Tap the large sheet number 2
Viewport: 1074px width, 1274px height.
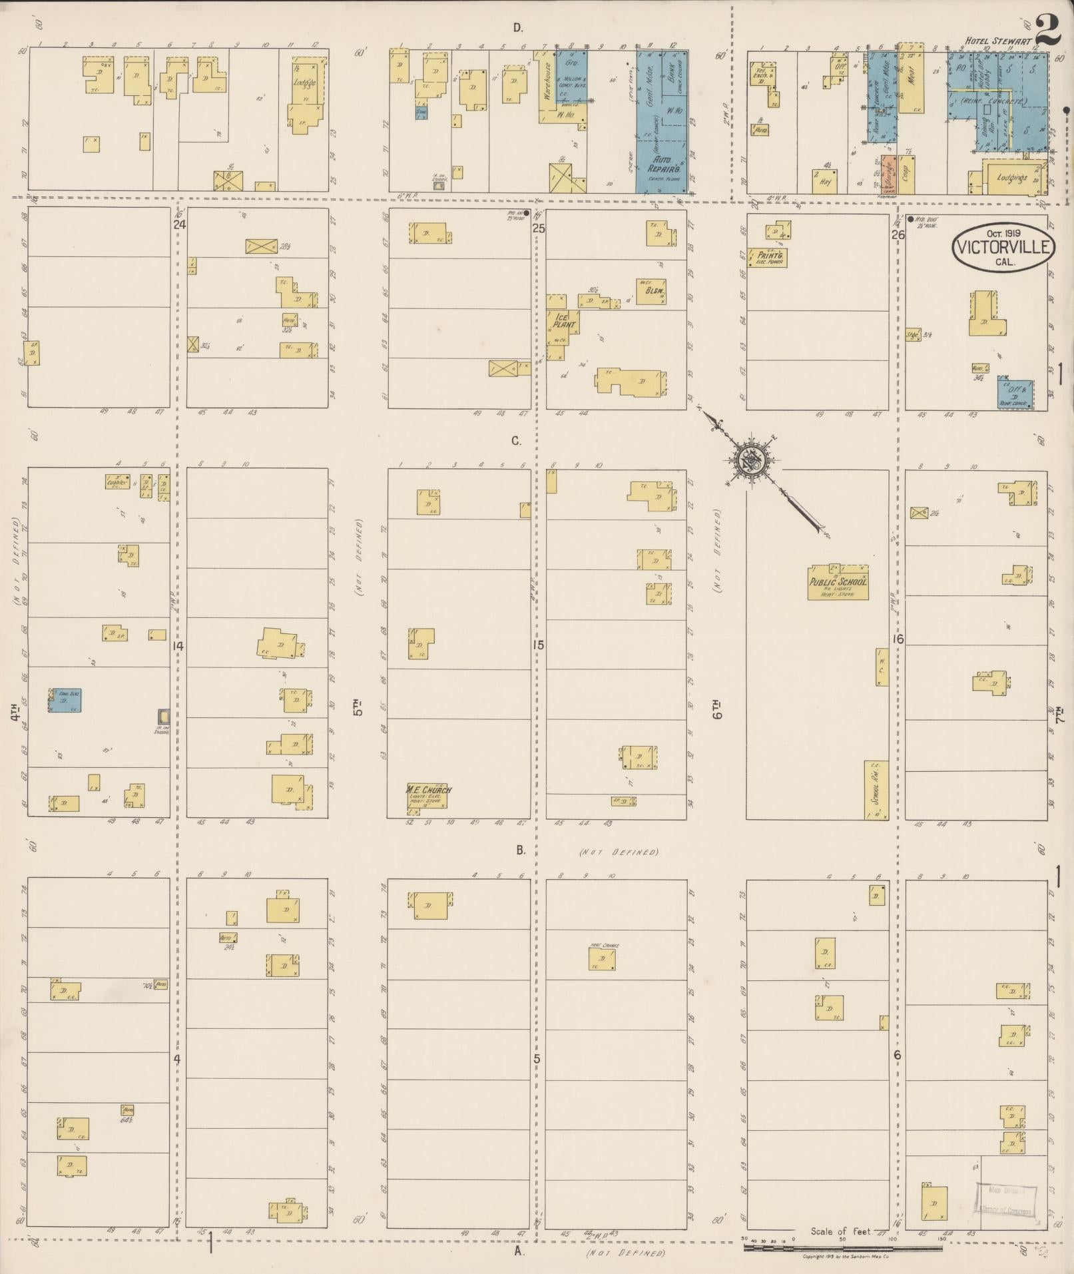[1047, 30]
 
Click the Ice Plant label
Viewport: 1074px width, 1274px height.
[563, 322]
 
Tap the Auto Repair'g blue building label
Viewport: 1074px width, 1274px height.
[662, 165]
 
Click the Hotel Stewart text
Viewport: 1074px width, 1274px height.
[998, 41]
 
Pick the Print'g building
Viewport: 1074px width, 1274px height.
[768, 258]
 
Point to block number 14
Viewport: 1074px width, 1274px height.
[178, 645]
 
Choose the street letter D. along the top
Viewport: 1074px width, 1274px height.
[517, 28]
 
